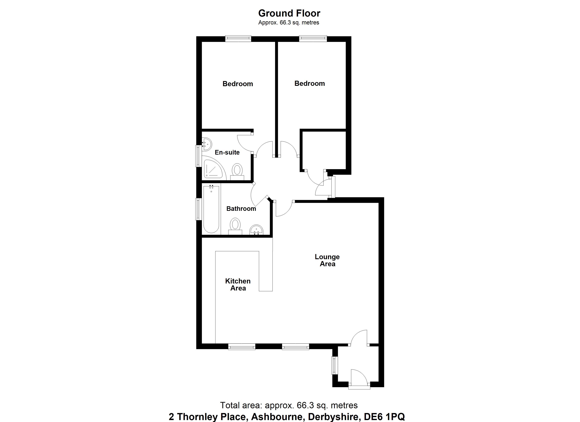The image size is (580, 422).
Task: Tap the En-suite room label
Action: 227,152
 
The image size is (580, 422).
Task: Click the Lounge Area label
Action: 327,260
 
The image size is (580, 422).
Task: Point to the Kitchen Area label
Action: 238,284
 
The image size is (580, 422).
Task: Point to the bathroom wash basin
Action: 256,230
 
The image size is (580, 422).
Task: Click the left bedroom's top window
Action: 238,39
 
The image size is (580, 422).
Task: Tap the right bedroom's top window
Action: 313,39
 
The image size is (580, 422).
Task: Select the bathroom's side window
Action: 198,209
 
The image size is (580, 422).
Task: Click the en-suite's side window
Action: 198,156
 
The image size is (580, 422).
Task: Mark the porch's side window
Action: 334,365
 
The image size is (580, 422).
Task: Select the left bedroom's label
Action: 238,84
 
